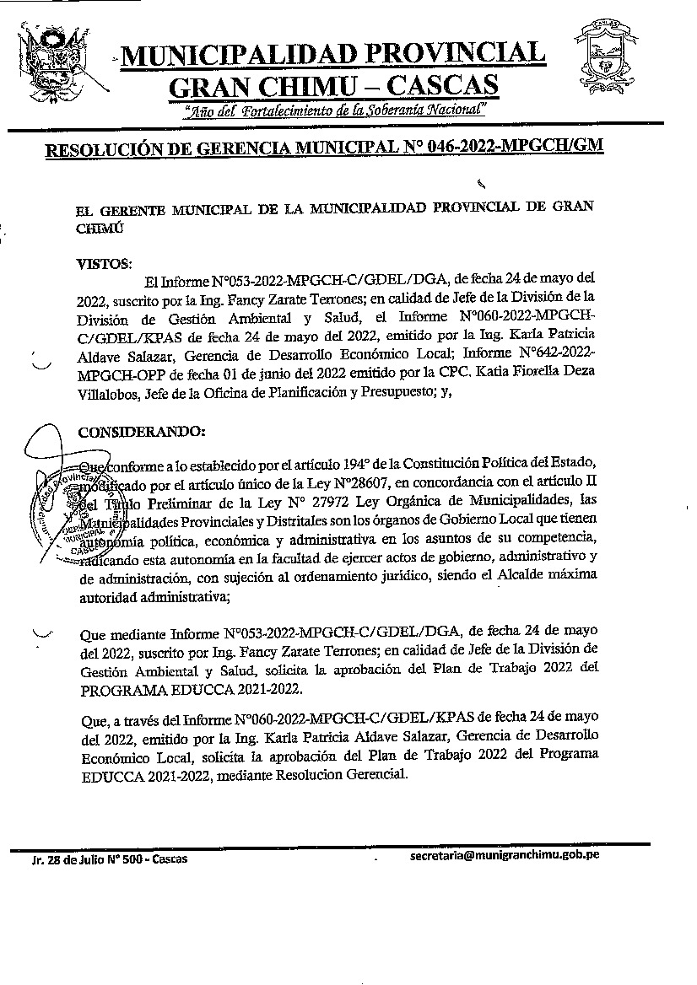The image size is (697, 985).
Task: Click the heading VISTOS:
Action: coord(105,262)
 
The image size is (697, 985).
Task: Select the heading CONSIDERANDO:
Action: coord(141,432)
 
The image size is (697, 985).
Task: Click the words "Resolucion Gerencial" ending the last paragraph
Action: coord(353,776)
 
